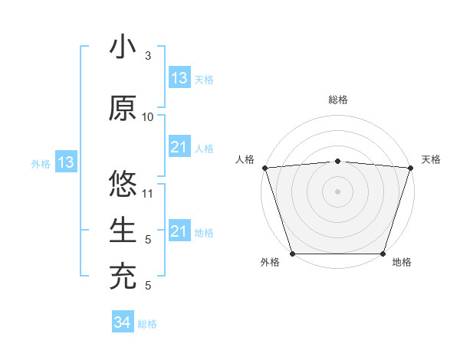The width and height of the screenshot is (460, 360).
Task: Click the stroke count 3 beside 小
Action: point(148,56)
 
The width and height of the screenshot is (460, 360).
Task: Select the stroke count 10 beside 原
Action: point(148,117)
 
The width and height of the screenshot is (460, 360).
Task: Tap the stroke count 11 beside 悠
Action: point(148,194)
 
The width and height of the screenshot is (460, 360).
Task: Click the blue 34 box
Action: point(122,323)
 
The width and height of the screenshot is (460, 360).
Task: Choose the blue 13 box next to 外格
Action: point(65,162)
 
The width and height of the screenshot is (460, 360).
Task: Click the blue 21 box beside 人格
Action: point(179,147)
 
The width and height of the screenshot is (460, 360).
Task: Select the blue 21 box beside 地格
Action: point(179,231)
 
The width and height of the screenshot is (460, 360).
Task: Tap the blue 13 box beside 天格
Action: point(179,78)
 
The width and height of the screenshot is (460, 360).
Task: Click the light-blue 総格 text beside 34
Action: point(147,324)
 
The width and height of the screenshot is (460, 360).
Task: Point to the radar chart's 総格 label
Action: point(337,100)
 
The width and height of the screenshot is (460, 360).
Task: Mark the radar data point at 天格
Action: point(410,168)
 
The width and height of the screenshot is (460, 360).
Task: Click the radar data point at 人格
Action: point(264,168)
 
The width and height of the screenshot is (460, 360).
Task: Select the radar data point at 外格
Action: point(292,254)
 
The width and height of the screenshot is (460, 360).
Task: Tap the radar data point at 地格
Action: point(383,254)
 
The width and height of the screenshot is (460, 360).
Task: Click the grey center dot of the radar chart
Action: point(337,191)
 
